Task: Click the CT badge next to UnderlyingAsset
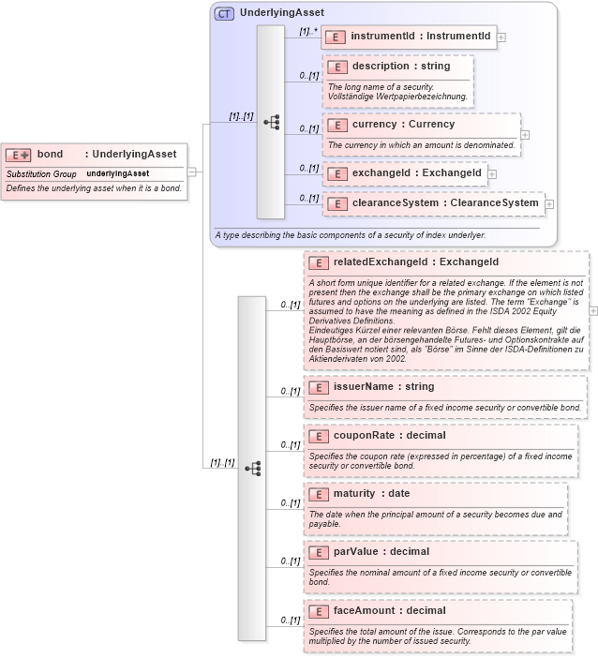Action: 224,13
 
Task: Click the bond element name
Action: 50,154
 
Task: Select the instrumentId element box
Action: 409,37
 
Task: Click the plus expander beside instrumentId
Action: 501,37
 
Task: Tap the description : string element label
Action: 400,67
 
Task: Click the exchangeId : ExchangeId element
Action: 404,173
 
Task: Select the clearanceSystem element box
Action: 433,202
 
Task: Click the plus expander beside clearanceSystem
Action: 549,203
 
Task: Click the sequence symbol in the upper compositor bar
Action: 271,122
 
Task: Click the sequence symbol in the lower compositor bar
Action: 252,468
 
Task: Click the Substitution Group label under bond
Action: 41,174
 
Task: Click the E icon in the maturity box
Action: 319,494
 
